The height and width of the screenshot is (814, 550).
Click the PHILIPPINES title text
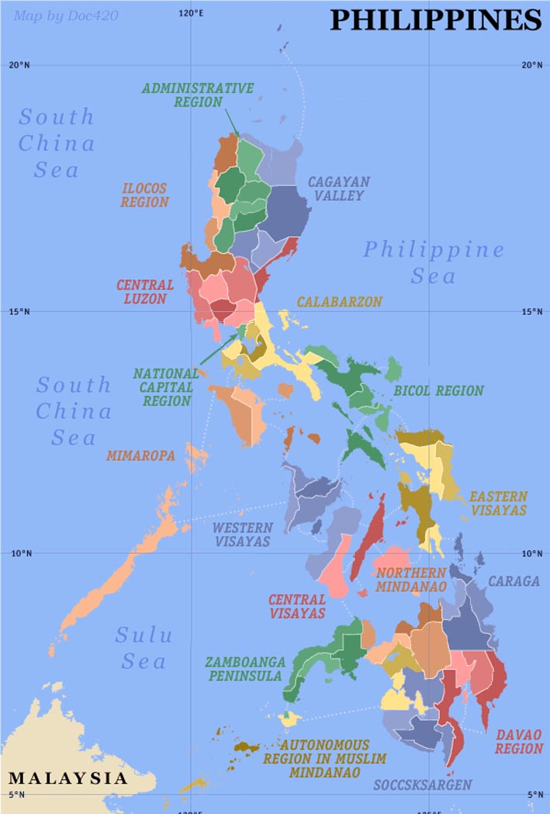click(x=435, y=20)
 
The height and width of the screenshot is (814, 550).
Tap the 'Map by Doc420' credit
click(x=66, y=16)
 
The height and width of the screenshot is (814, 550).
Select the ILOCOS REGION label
click(x=145, y=196)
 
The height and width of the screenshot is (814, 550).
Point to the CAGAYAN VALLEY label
click(x=339, y=189)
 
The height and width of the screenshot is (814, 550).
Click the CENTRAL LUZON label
click(x=145, y=292)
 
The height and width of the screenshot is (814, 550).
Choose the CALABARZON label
click(x=340, y=302)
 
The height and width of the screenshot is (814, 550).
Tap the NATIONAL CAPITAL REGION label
click(x=166, y=387)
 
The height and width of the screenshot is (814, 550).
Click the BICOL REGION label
click(x=438, y=391)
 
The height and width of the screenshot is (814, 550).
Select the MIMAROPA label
click(x=141, y=455)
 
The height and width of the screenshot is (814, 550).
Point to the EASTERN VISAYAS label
click(x=498, y=503)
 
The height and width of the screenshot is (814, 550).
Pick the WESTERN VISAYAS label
click(x=242, y=535)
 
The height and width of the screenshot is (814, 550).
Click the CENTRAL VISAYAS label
click(x=297, y=606)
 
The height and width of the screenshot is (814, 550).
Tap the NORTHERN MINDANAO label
click(x=411, y=580)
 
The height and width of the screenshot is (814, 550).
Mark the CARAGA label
click(x=514, y=580)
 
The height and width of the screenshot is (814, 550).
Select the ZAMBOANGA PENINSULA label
click(x=244, y=669)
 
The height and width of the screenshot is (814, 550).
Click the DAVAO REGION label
click(x=518, y=741)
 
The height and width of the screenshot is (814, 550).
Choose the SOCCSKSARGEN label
click(x=422, y=785)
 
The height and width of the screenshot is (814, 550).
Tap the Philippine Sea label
click(x=434, y=262)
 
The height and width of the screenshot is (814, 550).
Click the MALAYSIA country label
click(x=68, y=778)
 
